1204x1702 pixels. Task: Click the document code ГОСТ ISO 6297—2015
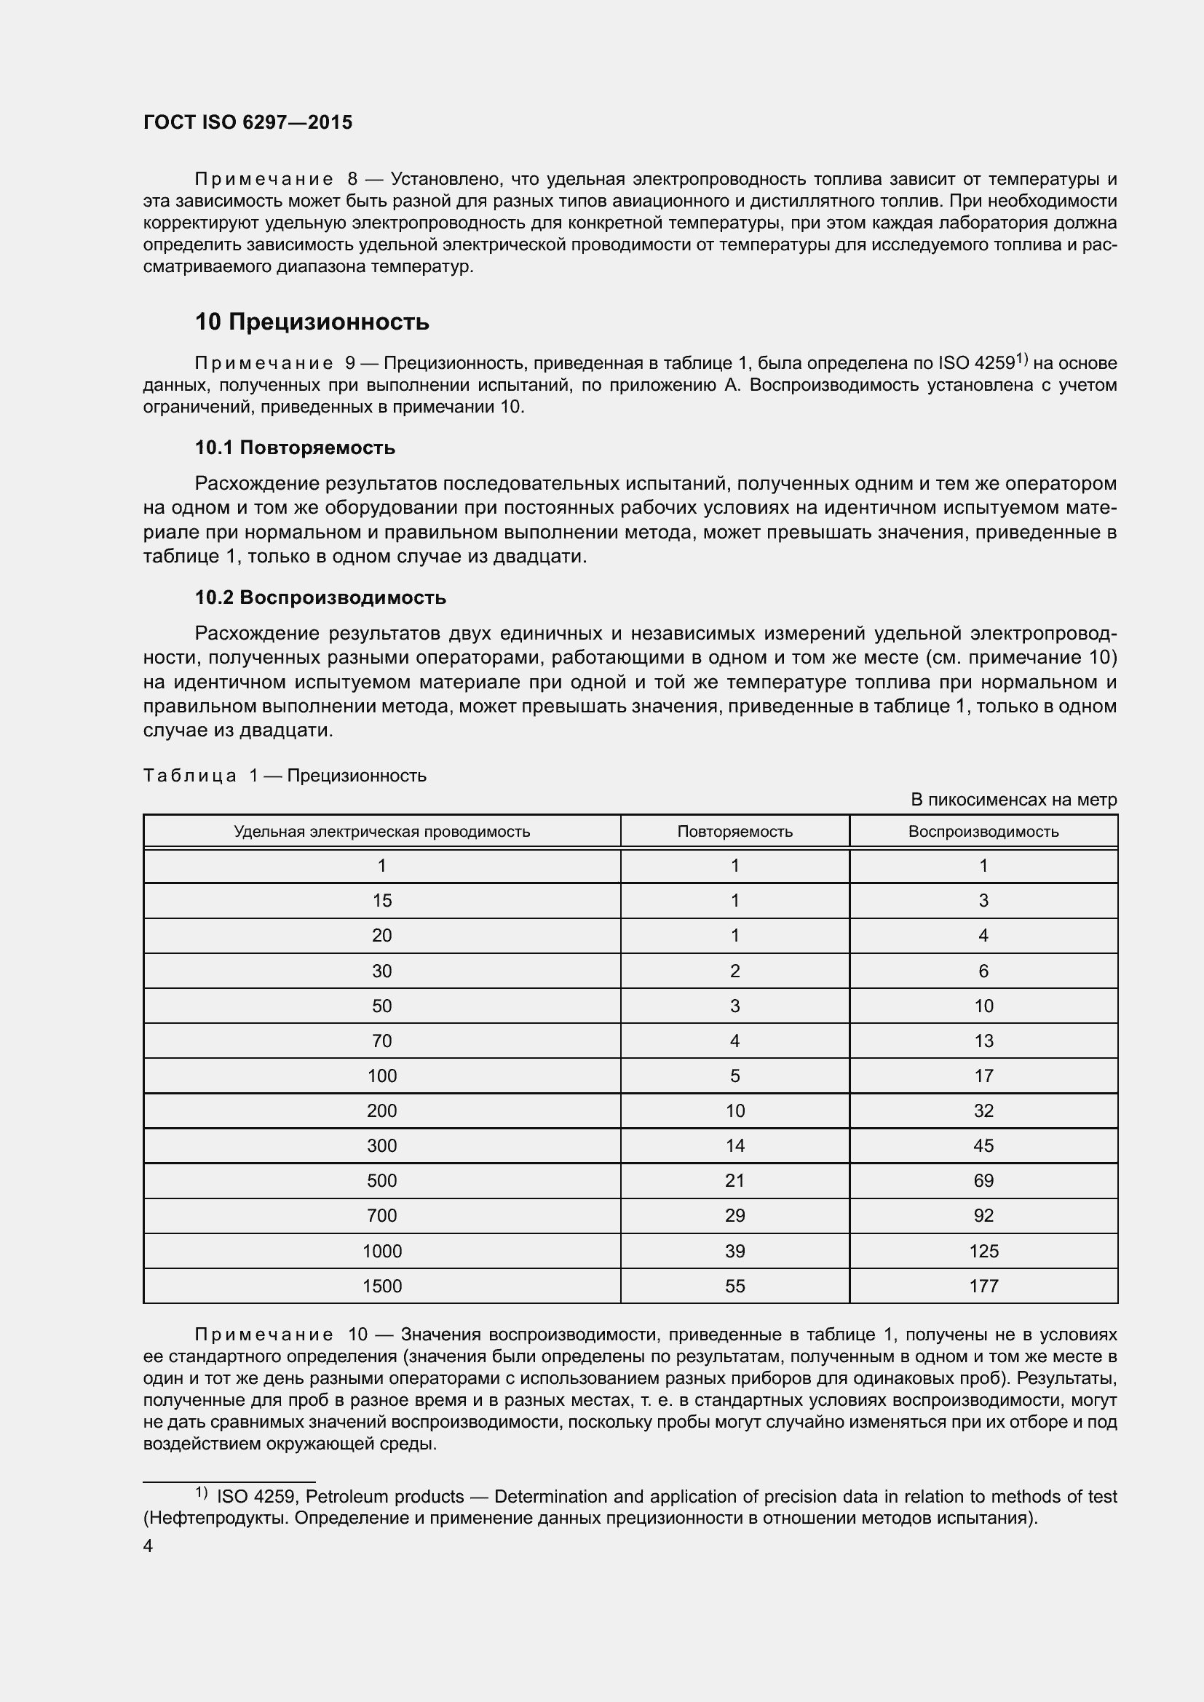[247, 123]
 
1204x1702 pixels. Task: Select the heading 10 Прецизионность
[312, 322]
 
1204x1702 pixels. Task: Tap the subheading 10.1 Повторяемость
[295, 448]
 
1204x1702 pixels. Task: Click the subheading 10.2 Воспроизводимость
[320, 597]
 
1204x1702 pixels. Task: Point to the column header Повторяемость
[734, 832]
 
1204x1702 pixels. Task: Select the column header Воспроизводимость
[983, 832]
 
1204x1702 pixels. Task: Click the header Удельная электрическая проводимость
[382, 832]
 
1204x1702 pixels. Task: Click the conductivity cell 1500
[382, 1286]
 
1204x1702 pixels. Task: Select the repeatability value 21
[734, 1181]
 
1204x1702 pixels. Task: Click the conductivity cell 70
[382, 1041]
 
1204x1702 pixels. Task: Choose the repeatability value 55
[734, 1286]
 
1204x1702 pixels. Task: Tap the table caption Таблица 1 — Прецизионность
[285, 776]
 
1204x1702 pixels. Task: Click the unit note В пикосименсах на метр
[1013, 800]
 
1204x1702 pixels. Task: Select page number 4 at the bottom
[148, 1546]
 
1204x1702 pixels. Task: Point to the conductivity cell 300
[382, 1146]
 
